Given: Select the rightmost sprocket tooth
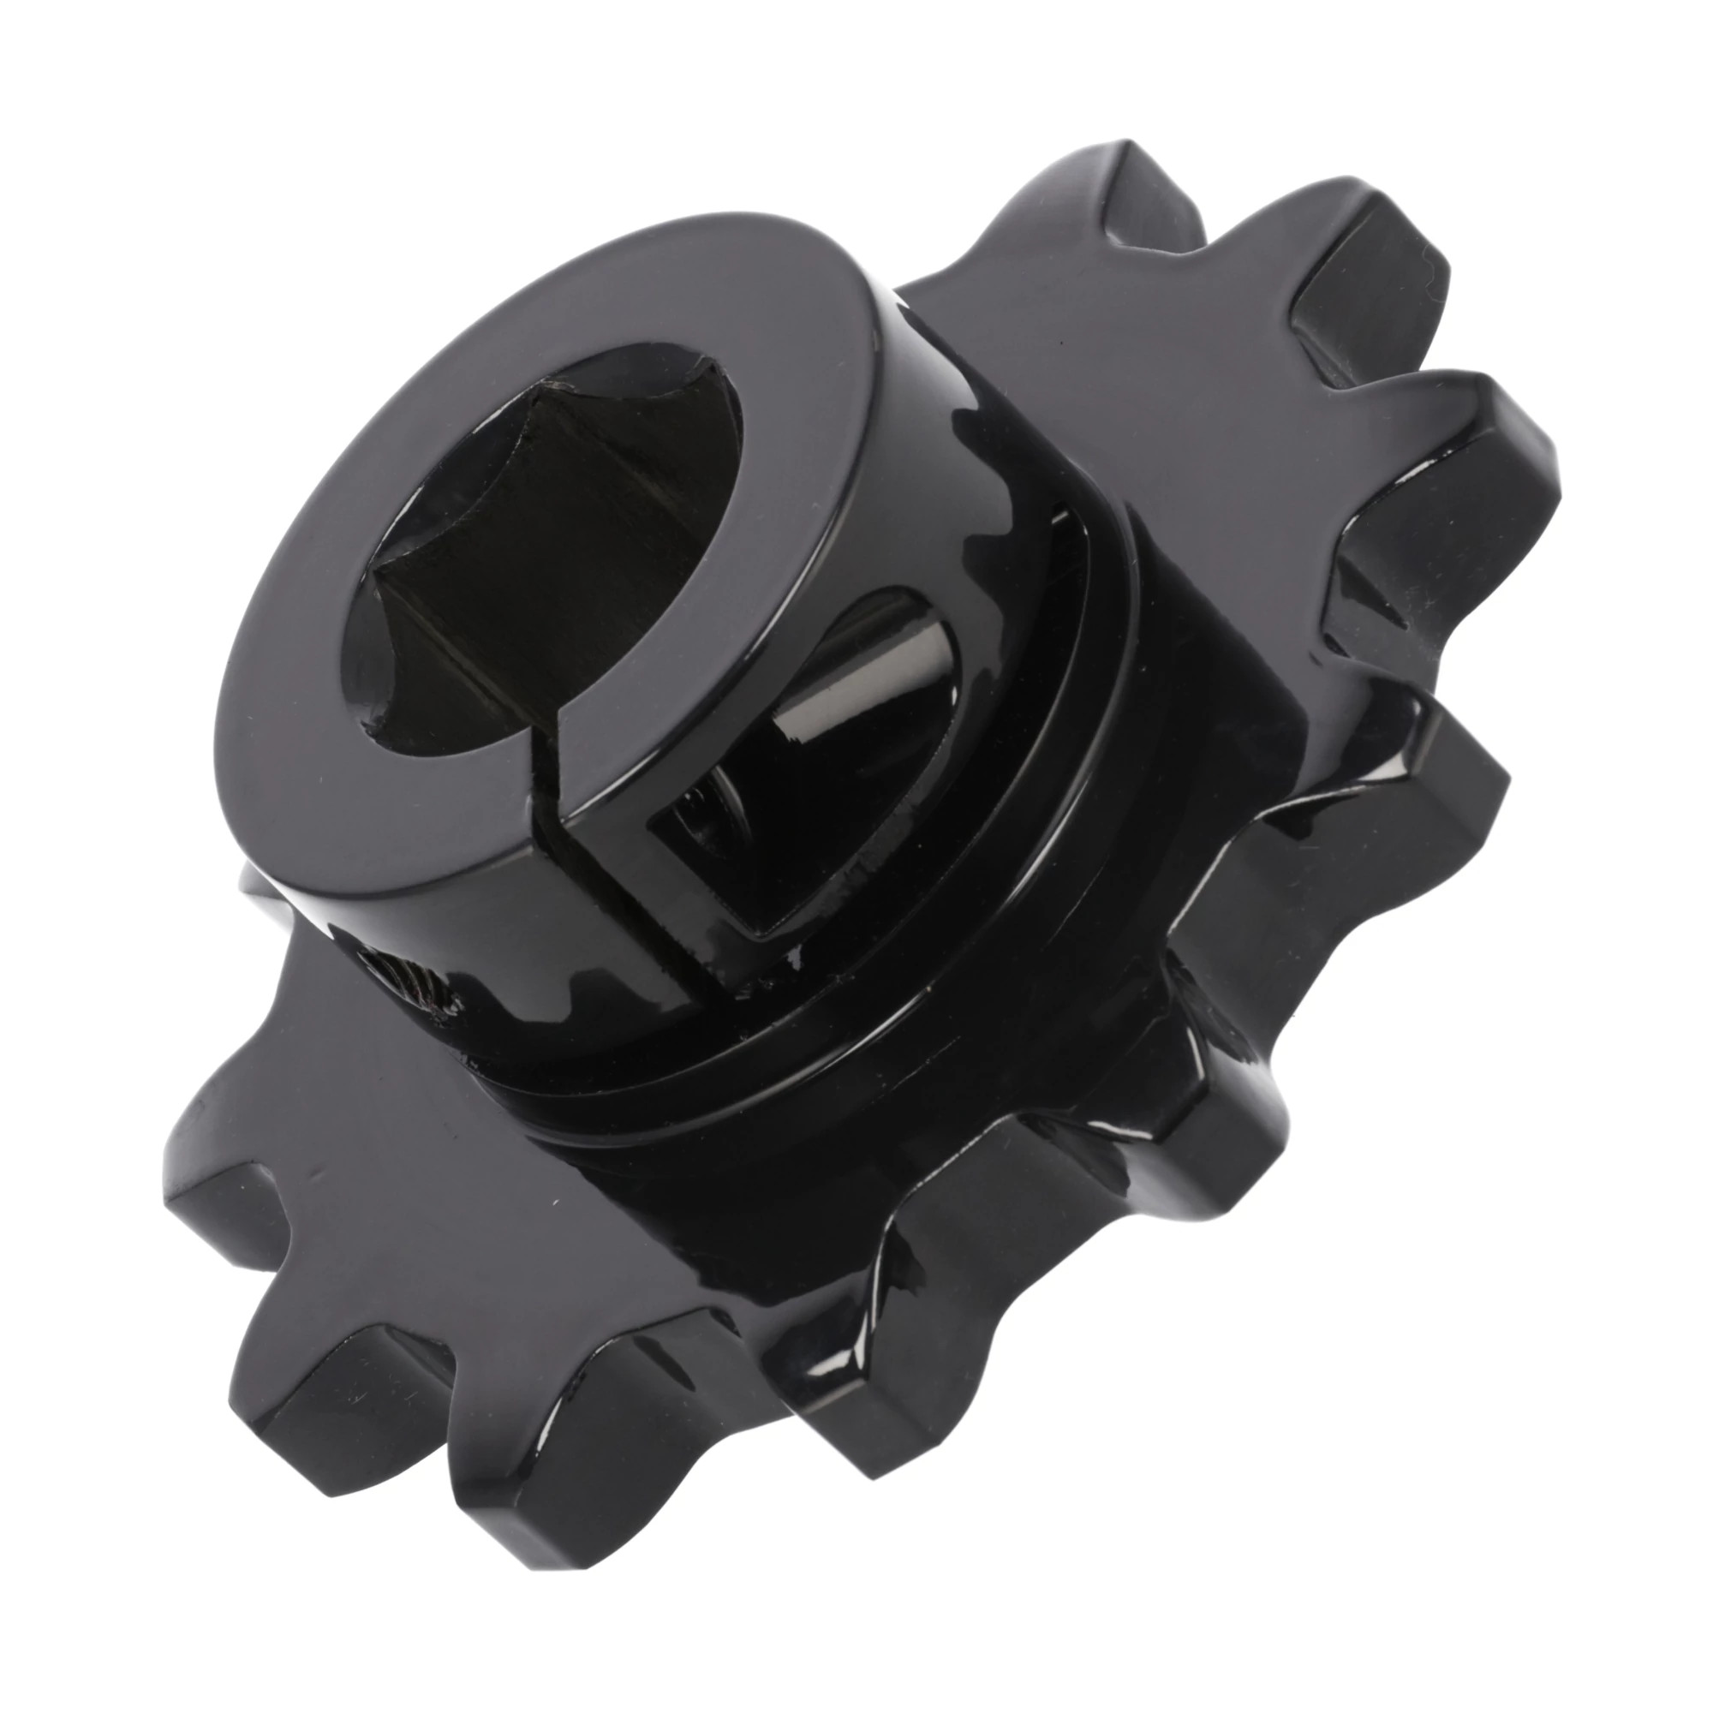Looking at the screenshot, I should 1498,461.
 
